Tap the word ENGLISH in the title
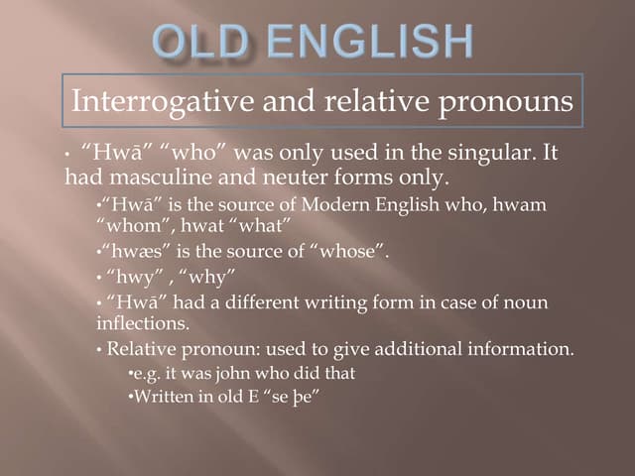click(377, 42)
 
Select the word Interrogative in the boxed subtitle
click(159, 101)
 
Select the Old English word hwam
click(522, 203)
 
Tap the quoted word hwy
click(138, 276)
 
